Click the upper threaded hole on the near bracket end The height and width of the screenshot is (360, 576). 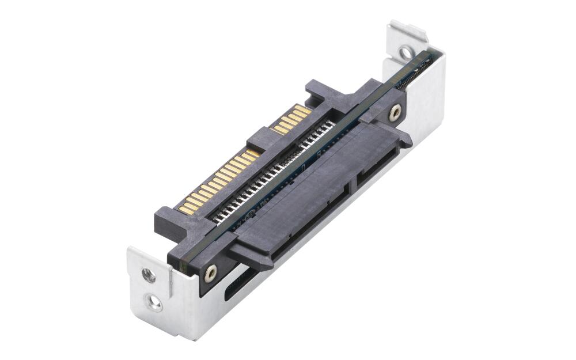149,276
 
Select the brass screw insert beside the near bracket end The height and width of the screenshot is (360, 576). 211,273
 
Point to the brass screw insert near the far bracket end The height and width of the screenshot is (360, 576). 395,112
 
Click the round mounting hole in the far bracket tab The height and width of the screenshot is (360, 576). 406,53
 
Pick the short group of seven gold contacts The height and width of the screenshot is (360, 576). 293,119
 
